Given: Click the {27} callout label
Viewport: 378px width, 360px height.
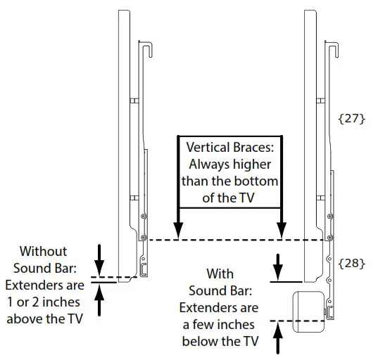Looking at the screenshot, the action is pos(352,119).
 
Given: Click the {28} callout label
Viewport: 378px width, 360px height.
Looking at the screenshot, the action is pos(352,263).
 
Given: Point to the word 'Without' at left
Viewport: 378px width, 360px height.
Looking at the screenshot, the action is pos(44,251).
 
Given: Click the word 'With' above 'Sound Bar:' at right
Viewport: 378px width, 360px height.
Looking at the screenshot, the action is pos(220,274).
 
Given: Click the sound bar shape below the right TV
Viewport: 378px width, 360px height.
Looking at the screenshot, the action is pos(308,312).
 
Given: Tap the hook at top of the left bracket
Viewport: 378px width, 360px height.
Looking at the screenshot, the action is pos(148,51).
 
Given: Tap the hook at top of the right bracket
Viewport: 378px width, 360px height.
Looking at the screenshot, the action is pos(334,51).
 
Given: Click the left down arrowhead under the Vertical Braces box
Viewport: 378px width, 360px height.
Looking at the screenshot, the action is pos(178,231).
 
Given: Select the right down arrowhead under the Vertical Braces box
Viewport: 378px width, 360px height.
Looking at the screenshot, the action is pos(282,231).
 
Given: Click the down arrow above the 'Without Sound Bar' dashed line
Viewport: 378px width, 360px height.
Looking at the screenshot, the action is pos(99,261).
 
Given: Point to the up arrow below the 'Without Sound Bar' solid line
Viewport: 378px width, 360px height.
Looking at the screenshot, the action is pos(99,300).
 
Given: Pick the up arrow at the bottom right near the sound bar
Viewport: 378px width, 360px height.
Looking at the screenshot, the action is pos(278,338).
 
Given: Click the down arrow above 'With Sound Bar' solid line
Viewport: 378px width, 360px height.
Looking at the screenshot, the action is pos(278,267).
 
